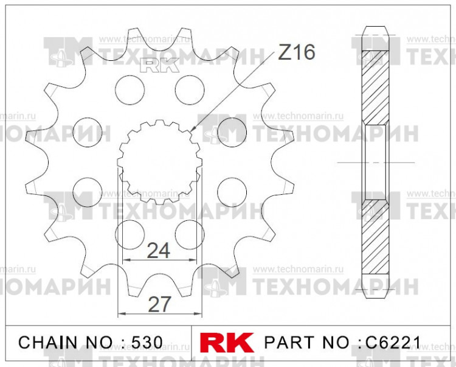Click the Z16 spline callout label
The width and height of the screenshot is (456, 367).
point(296,54)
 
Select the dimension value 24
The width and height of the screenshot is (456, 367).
point(159,250)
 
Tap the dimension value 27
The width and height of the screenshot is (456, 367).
point(159,304)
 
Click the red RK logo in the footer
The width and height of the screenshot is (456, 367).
point(228,343)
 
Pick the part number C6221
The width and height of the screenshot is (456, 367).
point(392,343)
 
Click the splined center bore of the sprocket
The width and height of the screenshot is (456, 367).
point(159,163)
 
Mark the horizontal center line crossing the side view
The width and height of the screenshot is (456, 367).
point(375,163)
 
